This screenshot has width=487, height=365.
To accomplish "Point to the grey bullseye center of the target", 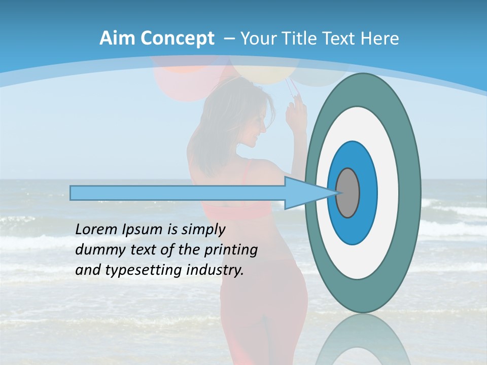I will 348,193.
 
